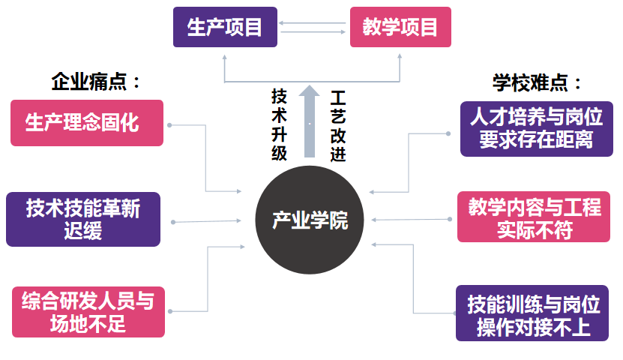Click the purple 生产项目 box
coord(225,27)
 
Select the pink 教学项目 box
coord(400,27)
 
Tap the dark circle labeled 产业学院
coord(310,220)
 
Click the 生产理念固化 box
coord(87,122)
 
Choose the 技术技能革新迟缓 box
coord(83,219)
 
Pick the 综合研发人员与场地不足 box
coord(88,311)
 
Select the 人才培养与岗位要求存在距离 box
coord(536,128)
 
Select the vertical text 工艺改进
coord(338,124)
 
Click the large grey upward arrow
coord(309,120)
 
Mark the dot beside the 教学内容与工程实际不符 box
coord(450,219)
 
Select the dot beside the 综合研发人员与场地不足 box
coord(172,310)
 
